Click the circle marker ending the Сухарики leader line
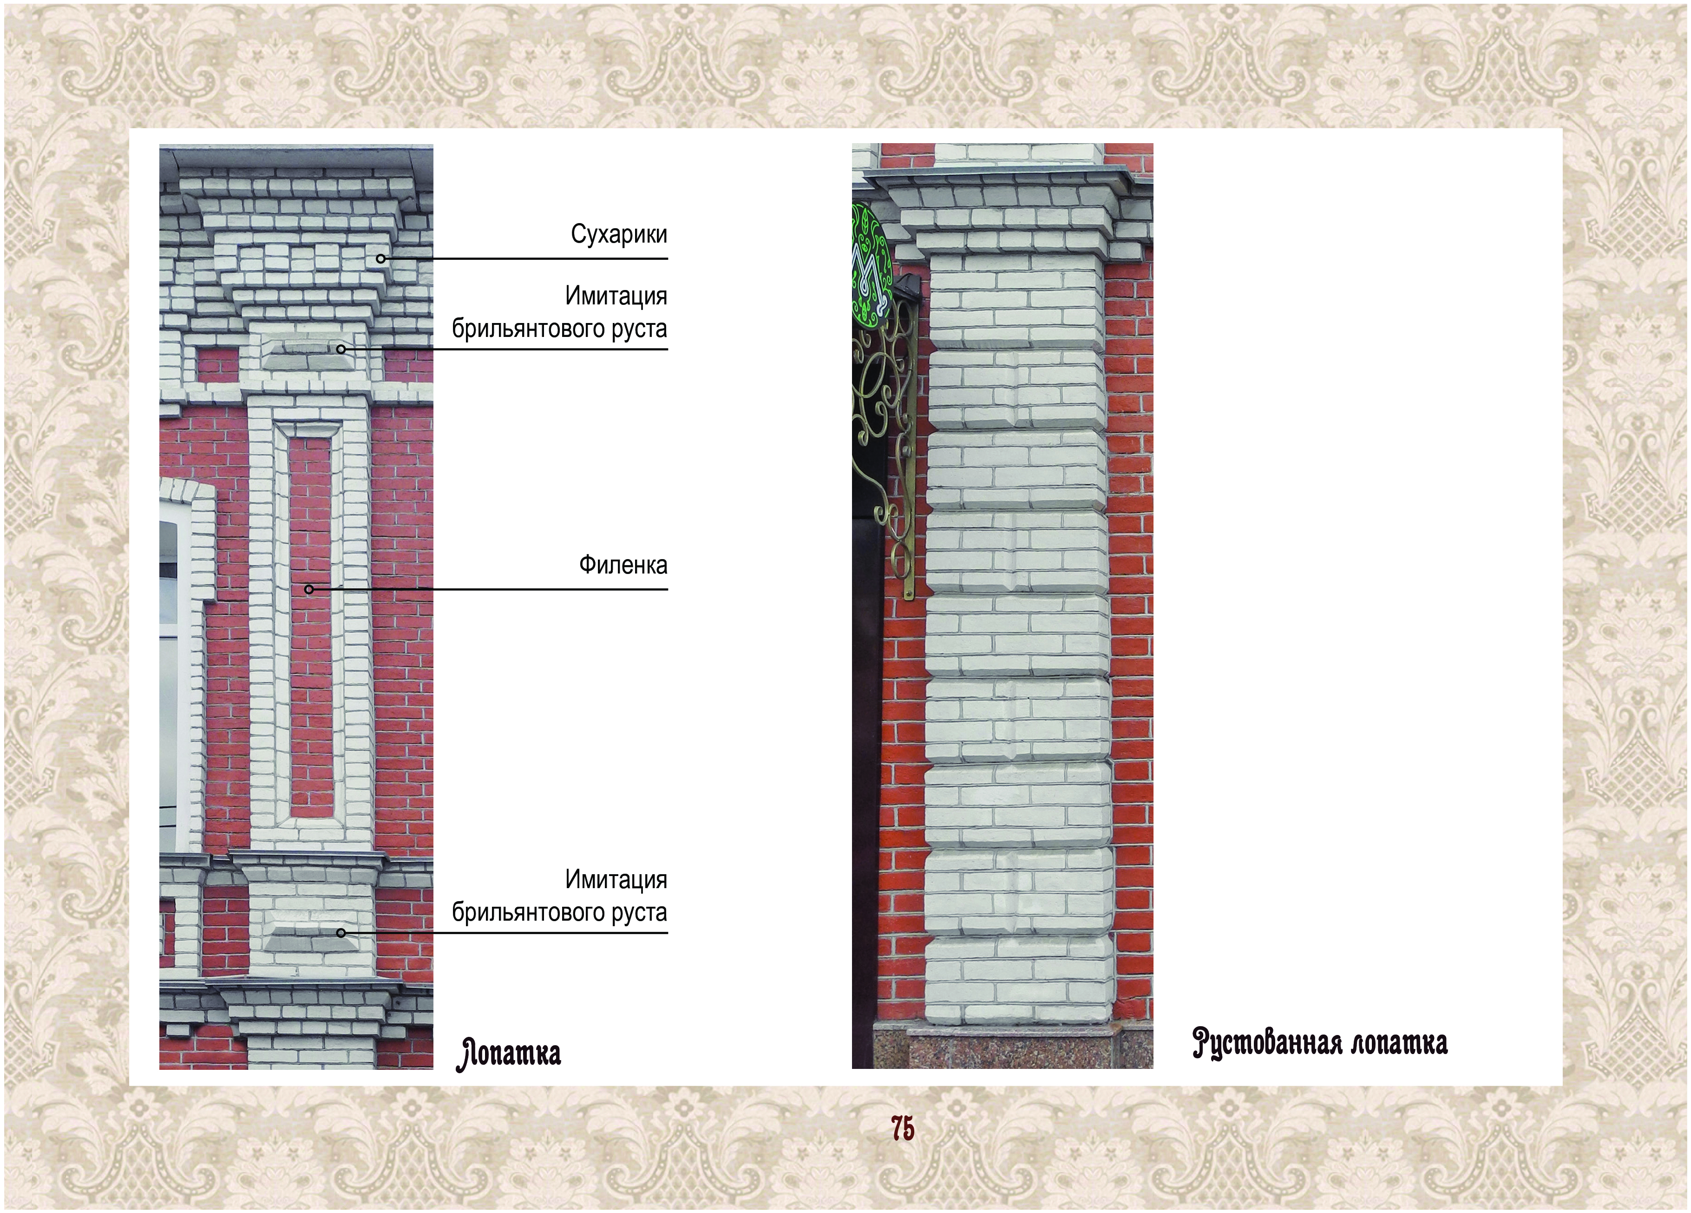(x=380, y=259)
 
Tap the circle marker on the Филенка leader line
(x=308, y=589)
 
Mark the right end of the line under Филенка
(x=667, y=589)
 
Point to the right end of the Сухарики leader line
(x=667, y=259)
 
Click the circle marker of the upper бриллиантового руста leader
(x=341, y=349)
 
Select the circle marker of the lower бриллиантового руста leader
(x=341, y=932)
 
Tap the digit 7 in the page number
(x=897, y=1129)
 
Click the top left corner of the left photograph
(x=159, y=145)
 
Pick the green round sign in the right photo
(x=872, y=265)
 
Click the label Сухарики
(x=619, y=234)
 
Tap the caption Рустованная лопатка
(x=1320, y=1042)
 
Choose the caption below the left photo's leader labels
(x=509, y=1053)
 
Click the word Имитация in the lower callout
(x=616, y=879)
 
